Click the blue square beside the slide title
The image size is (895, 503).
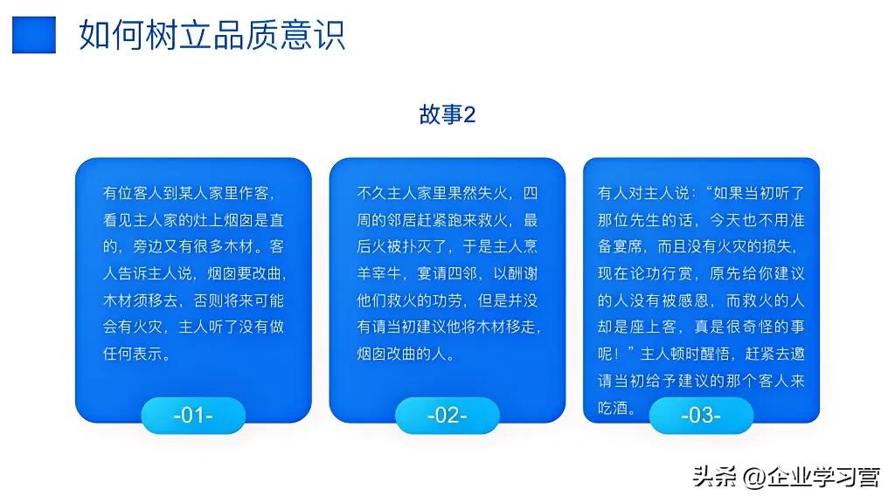[x=34, y=34]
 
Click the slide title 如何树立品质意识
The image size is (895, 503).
[x=212, y=34]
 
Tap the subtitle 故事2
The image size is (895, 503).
[x=447, y=115]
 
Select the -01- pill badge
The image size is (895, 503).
[x=193, y=415]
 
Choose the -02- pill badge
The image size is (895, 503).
[x=447, y=415]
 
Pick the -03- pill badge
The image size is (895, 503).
[x=701, y=415]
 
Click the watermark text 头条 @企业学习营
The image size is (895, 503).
[x=786, y=477]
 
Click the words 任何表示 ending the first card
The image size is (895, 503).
[x=130, y=355]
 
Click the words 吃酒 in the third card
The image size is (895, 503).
[x=614, y=409]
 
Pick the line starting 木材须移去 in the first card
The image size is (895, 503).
[x=193, y=301]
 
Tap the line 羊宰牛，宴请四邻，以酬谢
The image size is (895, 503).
[x=447, y=274]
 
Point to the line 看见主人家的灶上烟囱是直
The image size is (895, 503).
[x=193, y=220]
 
